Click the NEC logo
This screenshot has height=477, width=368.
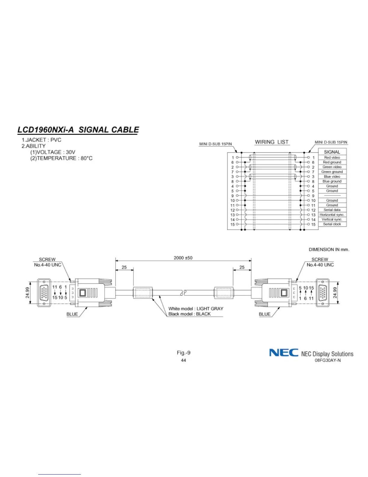(x=284, y=353)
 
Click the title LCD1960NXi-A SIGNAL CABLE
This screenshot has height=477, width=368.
(x=78, y=130)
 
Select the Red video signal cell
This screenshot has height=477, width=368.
(x=332, y=157)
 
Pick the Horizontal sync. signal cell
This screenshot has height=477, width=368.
(x=332, y=215)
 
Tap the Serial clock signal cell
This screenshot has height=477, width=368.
(x=332, y=224)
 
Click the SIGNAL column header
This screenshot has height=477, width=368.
(x=332, y=152)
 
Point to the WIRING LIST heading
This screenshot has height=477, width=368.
(x=271, y=142)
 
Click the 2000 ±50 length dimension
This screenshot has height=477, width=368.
(x=183, y=258)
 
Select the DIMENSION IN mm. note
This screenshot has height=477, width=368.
(x=329, y=249)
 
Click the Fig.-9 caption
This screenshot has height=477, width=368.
(x=183, y=353)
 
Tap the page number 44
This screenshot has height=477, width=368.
(x=183, y=360)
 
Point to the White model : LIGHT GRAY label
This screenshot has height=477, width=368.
(x=196, y=309)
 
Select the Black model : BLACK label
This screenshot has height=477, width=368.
(x=189, y=314)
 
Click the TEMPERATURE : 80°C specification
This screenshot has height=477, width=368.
(x=61, y=158)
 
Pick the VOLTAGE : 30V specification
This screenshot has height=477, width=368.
(x=53, y=152)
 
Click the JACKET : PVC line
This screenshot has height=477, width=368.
(x=41, y=140)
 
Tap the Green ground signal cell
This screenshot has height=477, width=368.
(x=332, y=172)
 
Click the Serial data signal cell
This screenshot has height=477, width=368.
(x=332, y=210)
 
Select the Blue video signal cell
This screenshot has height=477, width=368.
(x=332, y=176)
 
